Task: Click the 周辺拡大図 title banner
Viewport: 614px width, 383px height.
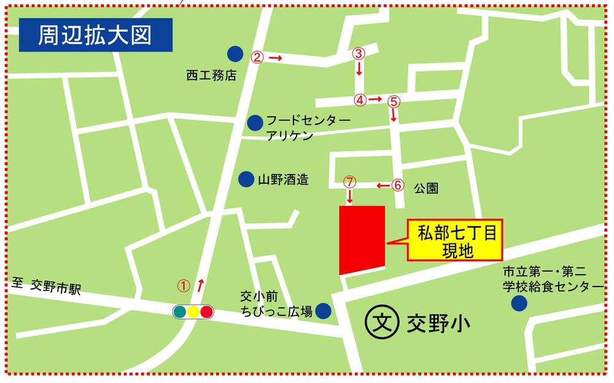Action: [95, 36]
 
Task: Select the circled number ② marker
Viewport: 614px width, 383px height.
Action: [258, 57]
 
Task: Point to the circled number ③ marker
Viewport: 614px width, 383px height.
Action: [359, 53]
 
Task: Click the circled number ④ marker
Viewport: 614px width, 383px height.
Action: [360, 99]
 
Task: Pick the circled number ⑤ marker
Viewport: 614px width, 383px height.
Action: [394, 100]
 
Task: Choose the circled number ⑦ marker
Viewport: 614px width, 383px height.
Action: [349, 182]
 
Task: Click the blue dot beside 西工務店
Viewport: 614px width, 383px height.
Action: [235, 54]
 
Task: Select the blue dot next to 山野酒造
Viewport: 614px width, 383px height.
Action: [246, 179]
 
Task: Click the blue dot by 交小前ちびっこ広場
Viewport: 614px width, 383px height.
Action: [322, 311]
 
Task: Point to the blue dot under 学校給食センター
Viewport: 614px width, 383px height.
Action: [519, 303]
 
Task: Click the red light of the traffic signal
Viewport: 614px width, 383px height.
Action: [206, 312]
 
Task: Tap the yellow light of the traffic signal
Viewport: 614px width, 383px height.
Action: [193, 312]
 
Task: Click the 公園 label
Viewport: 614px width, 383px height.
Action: [426, 188]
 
